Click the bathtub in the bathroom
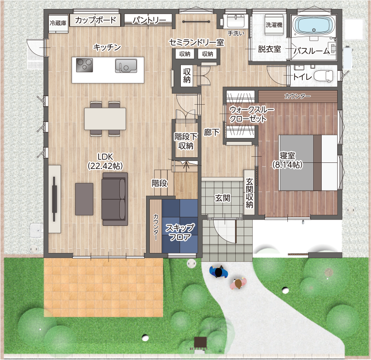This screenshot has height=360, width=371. click(314, 26)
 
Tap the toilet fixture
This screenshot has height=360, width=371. click(324, 76)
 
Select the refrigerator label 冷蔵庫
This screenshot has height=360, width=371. click(58, 23)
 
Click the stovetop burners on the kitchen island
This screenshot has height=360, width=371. click(85, 65)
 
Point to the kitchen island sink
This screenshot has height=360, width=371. click(126, 66)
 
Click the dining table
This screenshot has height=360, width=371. click(105, 119)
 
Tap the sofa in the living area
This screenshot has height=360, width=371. click(115, 199)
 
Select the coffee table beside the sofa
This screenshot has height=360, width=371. click(84, 199)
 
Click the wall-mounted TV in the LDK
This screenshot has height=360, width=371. click(54, 199)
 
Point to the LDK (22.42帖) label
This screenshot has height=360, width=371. click(105, 161)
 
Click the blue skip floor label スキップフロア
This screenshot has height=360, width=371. click(180, 232)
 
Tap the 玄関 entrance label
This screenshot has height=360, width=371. click(223, 198)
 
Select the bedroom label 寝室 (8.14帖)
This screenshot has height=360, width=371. click(287, 160)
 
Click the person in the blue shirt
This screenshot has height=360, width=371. click(219, 272)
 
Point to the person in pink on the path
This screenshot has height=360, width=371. click(238, 283)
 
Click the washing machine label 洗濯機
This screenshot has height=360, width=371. click(274, 24)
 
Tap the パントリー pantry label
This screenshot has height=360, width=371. click(149, 20)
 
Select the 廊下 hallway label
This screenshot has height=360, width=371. click(212, 132)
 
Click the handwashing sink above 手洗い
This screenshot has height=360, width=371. click(236, 21)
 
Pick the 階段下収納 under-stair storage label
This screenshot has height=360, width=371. click(186, 141)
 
